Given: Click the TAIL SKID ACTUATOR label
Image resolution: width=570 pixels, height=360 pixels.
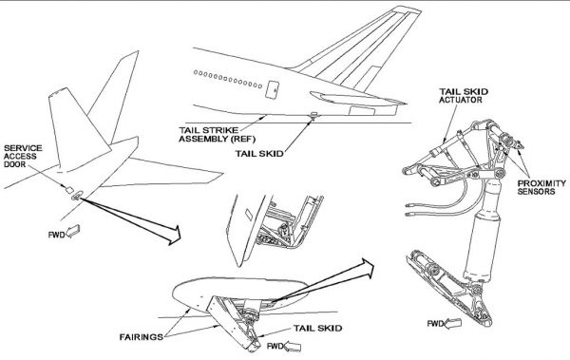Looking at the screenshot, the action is tap(464, 95).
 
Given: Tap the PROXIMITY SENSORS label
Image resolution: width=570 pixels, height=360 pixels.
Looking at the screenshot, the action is tap(541, 187).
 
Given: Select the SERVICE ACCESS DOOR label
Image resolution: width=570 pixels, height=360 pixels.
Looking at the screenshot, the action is tap(23, 156).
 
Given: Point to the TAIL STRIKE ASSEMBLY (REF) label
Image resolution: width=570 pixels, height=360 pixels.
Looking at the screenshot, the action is tap(217, 134).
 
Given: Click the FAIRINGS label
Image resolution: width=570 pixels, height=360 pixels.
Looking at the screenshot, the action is tap(141, 337).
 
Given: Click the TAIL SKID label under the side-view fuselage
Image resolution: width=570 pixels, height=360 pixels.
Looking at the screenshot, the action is tap(259, 154).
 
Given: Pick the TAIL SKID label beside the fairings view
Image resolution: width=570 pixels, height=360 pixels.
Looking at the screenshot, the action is tap(317, 328).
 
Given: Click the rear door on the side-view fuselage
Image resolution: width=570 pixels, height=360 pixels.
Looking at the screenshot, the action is tap(272, 89).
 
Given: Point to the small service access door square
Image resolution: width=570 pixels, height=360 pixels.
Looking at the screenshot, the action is tap(69, 189).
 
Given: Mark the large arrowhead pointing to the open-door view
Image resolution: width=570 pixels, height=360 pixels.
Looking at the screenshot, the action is tap(173, 236).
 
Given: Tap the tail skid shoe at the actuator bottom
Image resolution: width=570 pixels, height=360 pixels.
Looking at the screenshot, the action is tap(449, 287).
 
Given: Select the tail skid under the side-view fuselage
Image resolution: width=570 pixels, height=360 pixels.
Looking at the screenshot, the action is tap(313, 117).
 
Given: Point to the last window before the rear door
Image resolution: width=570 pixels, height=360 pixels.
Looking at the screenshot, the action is tap(260, 86).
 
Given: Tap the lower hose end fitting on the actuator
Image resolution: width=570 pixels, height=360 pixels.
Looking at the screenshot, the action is tap(408, 215).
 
